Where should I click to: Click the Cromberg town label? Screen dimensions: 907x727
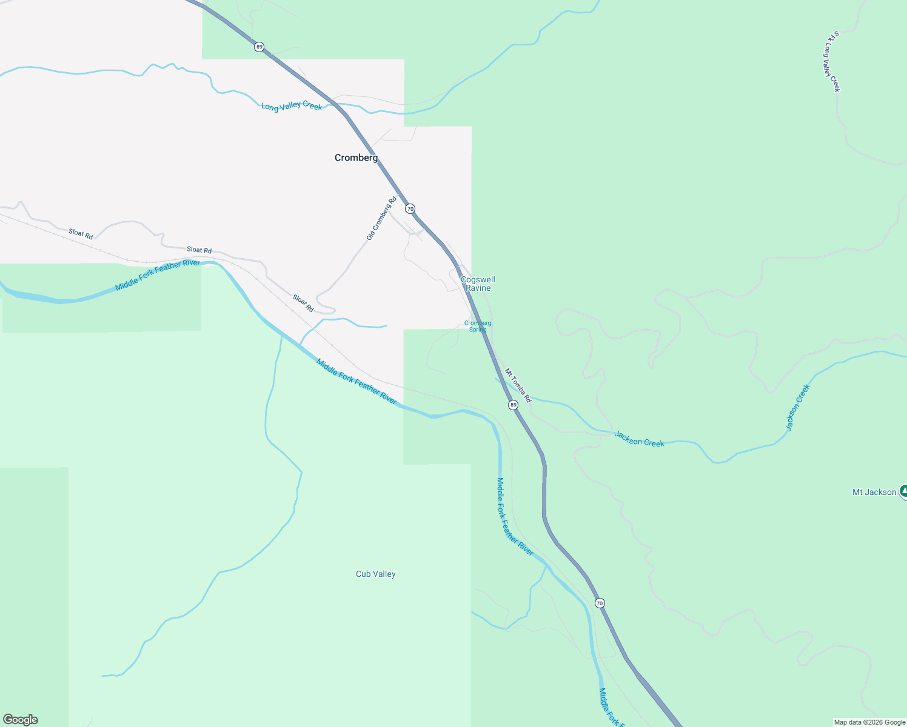(356, 158)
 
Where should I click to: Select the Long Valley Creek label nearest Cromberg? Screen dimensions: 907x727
(292, 106)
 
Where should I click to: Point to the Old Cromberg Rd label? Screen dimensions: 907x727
(381, 218)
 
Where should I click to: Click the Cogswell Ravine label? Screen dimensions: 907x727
(478, 284)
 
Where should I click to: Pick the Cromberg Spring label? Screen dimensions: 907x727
(478, 326)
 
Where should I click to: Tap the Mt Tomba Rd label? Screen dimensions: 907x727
(518, 386)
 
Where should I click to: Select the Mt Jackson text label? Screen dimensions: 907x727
(874, 492)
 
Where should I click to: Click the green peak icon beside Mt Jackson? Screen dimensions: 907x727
(903, 491)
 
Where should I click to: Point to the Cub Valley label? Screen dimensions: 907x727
(375, 574)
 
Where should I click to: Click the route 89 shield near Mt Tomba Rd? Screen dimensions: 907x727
(513, 405)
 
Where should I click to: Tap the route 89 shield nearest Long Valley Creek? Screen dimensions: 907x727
(259, 47)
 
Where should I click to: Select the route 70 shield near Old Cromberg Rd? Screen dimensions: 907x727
(410, 209)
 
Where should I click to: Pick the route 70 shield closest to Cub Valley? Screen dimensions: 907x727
(599, 603)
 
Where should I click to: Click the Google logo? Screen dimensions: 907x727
(21, 720)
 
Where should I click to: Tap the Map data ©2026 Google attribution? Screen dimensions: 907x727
(869, 722)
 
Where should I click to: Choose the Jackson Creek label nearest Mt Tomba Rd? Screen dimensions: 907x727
(639, 439)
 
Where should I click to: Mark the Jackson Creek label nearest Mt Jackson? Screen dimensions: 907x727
(797, 408)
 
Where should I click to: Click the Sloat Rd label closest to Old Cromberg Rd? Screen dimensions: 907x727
(303, 303)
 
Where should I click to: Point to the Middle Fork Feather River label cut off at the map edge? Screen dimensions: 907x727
(611, 708)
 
